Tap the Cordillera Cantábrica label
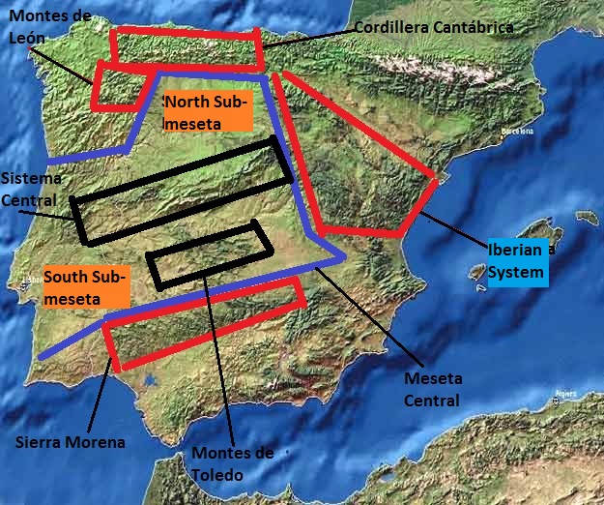coord(432,27)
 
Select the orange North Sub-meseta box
coord(207,111)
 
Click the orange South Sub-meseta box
coord(85,286)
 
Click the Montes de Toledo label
coord(233,463)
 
